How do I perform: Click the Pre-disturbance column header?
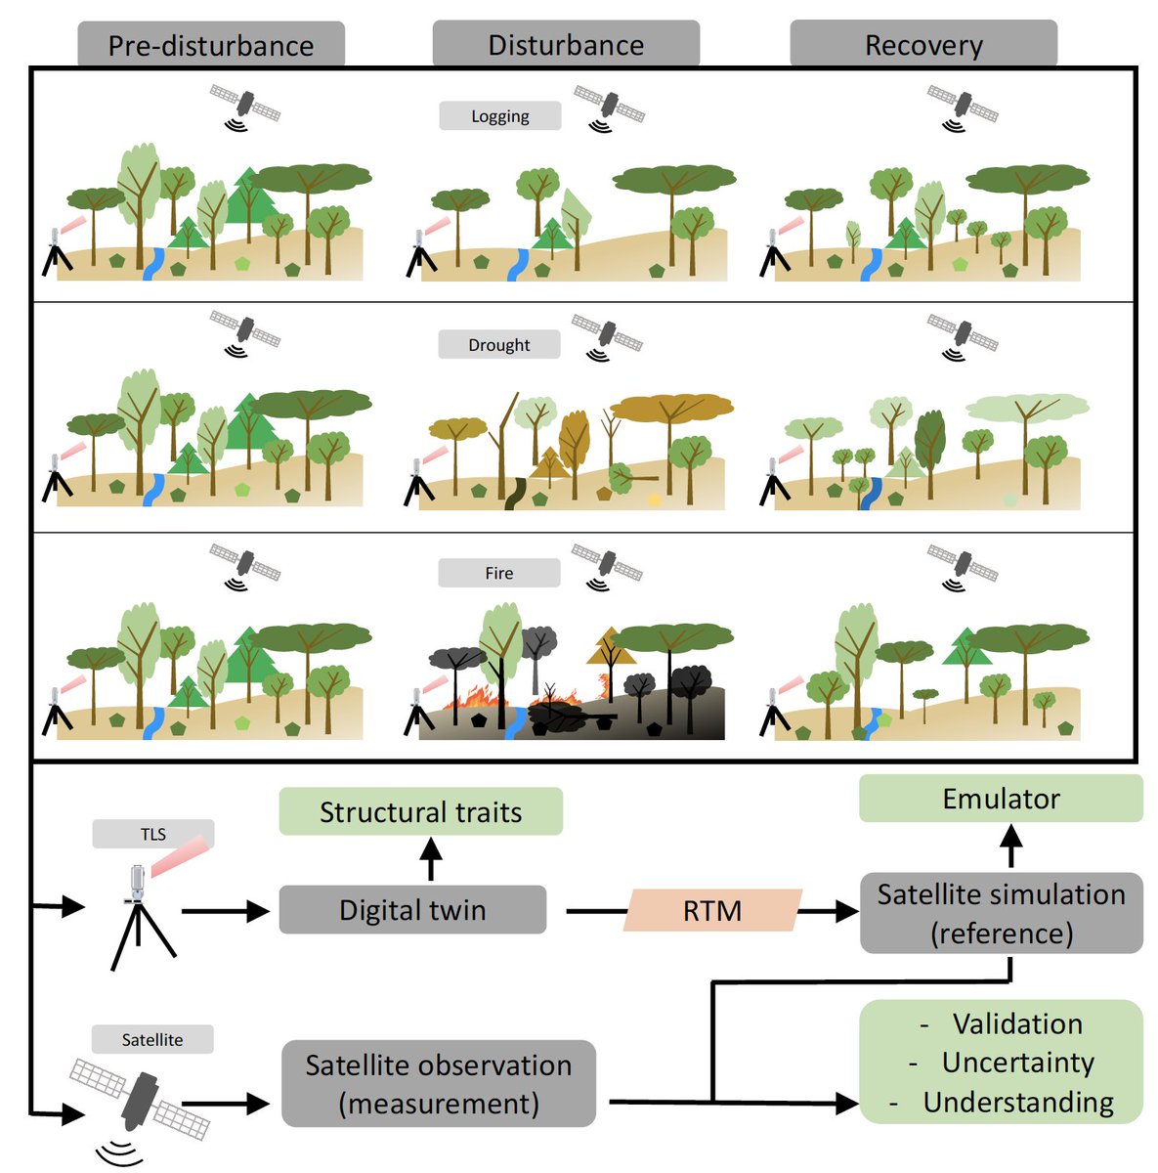tap(211, 44)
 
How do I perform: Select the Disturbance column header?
tap(566, 43)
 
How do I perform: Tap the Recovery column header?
tap(923, 43)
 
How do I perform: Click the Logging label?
tap(500, 115)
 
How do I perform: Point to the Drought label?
tap(499, 344)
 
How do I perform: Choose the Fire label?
tap(499, 573)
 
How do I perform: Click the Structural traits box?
tap(421, 811)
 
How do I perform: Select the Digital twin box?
tap(412, 910)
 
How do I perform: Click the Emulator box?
tap(1001, 799)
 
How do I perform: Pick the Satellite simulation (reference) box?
tap(1002, 913)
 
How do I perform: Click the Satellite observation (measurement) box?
tap(439, 1083)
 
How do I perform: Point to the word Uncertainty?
tap(1018, 1063)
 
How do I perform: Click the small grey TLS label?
tap(152, 834)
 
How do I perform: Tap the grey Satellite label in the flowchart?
tap(152, 1039)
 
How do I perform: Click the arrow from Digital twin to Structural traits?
tap(431, 858)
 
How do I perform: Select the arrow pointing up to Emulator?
tap(1011, 845)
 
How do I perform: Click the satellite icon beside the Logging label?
tap(609, 109)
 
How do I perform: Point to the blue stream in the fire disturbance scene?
tap(515, 722)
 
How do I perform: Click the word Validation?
tap(1017, 1023)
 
